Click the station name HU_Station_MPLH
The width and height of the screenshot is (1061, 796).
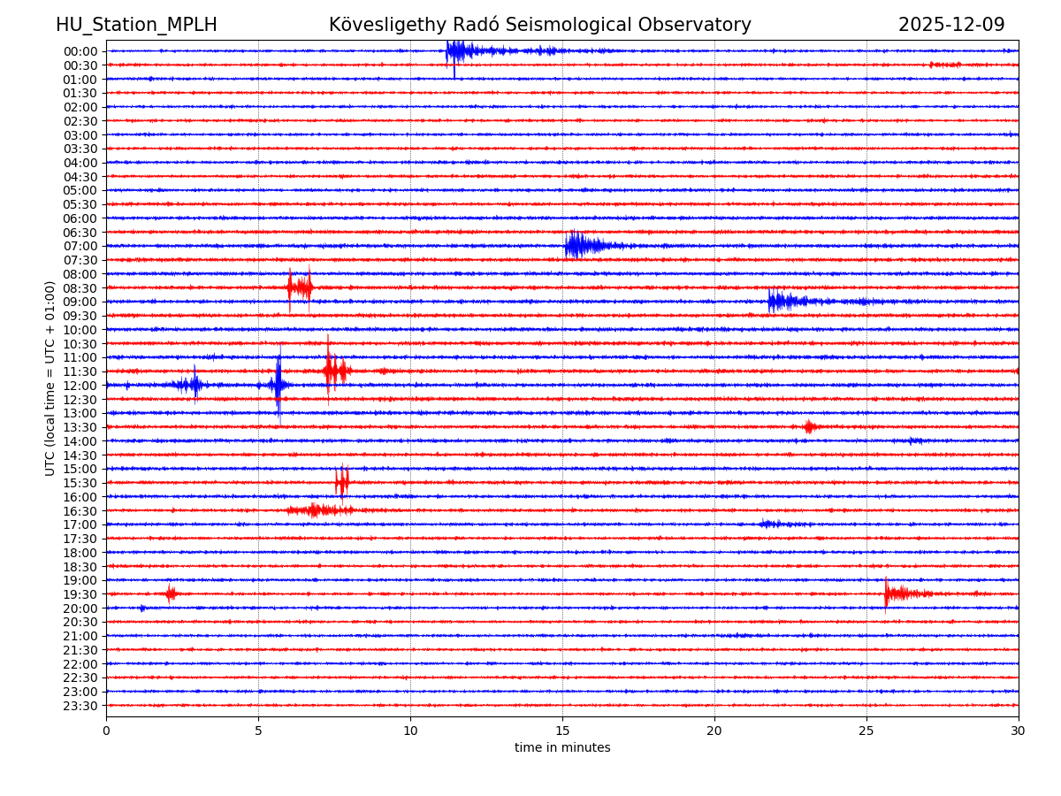[136, 25]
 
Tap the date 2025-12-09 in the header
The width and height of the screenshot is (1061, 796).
[951, 25]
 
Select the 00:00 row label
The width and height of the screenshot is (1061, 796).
[80, 51]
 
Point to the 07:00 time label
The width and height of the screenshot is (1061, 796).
[80, 246]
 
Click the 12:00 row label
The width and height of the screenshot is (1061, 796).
[80, 386]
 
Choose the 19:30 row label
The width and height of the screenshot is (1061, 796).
[80, 594]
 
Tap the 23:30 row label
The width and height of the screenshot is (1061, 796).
[80, 706]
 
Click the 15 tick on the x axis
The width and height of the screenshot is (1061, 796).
[562, 731]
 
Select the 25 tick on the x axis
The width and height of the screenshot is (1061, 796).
[866, 731]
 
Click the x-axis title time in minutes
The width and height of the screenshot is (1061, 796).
[562, 748]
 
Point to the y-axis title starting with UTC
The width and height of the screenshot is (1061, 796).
[50, 378]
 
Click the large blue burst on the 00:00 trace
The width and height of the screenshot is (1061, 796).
[460, 50]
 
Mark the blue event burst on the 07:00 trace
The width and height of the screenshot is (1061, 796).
[579, 245]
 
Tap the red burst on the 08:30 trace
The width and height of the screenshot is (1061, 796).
[300, 287]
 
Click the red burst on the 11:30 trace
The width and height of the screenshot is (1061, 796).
[335, 371]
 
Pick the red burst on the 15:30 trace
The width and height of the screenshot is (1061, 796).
[342, 482]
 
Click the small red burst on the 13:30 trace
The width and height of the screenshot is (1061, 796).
[809, 427]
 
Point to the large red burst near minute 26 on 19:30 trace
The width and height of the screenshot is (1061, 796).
[897, 593]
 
